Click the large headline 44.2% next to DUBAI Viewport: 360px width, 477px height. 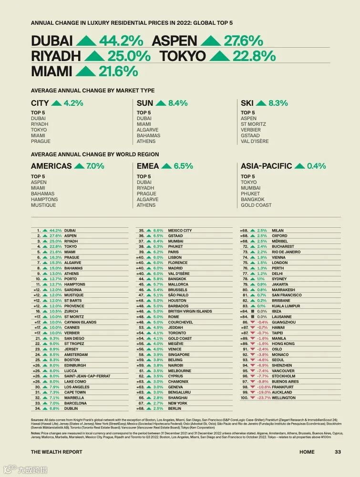click(121, 41)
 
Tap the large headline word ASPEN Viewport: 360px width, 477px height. click(174, 41)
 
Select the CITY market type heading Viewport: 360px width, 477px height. click(40, 103)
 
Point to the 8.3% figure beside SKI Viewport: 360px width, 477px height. click(278, 103)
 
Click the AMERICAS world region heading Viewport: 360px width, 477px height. click(51, 166)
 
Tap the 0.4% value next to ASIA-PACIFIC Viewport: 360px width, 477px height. click(317, 166)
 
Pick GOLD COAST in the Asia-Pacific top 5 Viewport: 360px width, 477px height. click(256, 205)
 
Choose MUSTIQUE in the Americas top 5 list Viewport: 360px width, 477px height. click(43, 205)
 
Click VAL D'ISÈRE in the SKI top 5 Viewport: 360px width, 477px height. click(255, 142)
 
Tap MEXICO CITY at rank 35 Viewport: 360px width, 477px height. click(180, 231)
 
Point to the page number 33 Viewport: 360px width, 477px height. click(338, 452)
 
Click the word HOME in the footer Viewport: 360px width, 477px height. click(307, 452)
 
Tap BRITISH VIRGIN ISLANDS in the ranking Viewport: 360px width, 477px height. click(190, 312)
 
